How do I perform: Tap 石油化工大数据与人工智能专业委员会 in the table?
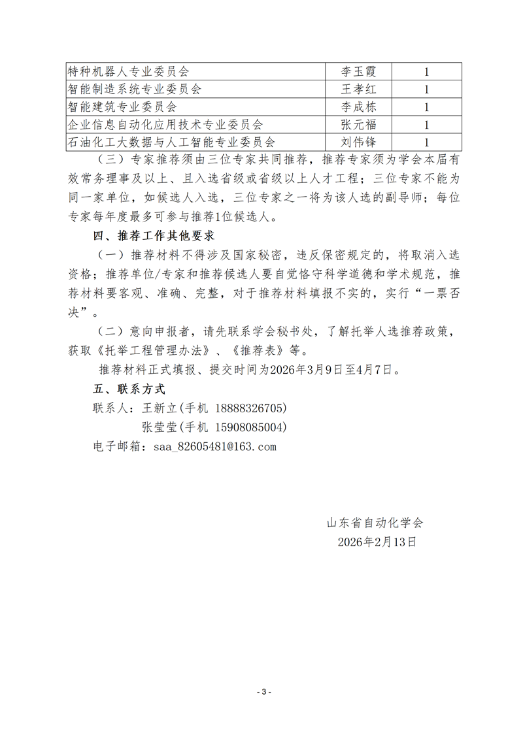171,142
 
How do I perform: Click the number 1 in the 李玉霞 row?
426,71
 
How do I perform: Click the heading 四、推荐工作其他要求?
154,235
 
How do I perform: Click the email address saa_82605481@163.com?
214,447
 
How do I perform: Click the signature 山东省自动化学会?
375,523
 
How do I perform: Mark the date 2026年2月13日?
377,542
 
